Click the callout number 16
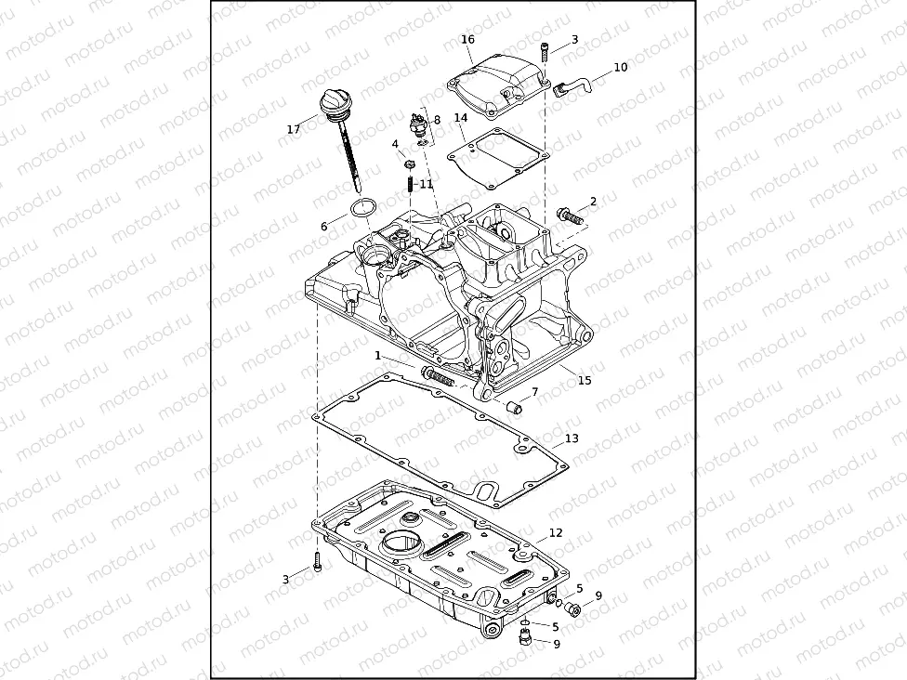pos(467,39)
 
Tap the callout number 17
pos(294,129)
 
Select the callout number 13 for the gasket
pos(572,438)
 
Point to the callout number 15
pos(584,380)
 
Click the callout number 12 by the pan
pos(556,533)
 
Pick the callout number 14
pos(461,118)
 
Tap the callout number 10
pos(621,67)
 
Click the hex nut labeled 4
pos(408,163)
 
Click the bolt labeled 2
pos(569,217)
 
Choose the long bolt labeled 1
pos(438,376)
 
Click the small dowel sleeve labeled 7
pos(515,405)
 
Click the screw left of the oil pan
pos(317,561)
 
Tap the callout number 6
pos(324,226)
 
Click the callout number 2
pos(593,202)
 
